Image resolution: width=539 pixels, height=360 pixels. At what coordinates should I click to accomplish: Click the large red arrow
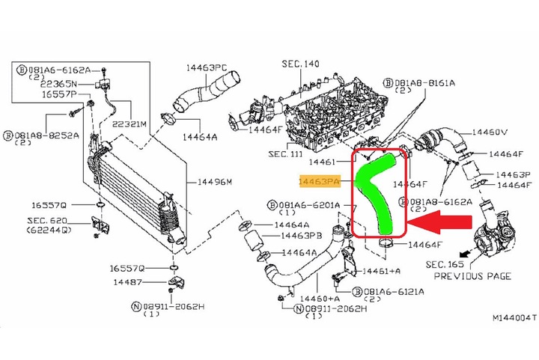coord(442,222)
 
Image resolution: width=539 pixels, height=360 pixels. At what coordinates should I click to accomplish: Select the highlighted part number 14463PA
coord(320,181)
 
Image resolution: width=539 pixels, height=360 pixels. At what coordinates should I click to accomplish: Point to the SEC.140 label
coord(302,64)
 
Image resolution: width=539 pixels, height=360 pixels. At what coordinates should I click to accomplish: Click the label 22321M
coord(128,123)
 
